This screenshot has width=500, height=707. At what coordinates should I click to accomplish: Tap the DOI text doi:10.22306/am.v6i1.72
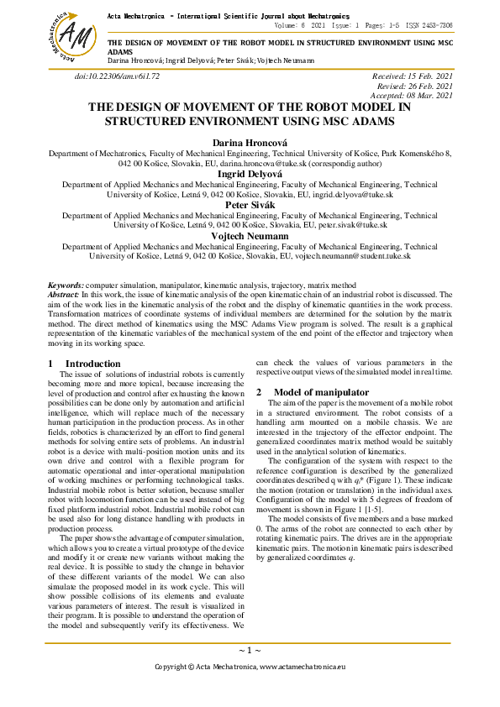(x=117, y=76)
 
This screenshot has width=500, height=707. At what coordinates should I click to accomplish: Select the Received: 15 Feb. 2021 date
(x=412, y=76)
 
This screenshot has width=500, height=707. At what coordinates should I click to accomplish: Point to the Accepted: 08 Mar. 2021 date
(x=411, y=96)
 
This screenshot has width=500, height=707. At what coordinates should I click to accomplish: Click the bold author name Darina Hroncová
(x=250, y=144)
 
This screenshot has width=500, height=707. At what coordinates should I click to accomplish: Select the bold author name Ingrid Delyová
(x=250, y=174)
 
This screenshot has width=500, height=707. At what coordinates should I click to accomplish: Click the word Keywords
(x=66, y=286)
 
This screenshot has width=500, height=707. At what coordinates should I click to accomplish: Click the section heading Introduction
(x=93, y=364)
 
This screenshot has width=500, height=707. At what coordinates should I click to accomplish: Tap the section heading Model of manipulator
(x=321, y=392)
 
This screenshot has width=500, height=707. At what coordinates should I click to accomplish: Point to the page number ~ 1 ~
(x=250, y=650)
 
